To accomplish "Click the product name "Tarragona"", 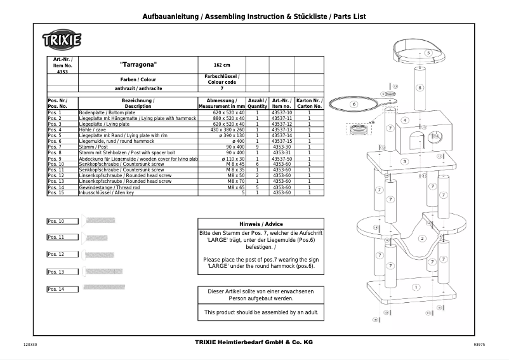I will tap(138, 65).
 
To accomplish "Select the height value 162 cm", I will tap(222, 65).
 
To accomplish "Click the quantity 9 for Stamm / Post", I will tap(257, 147).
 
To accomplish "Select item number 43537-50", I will tap(281, 158).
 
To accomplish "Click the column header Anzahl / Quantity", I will tap(257, 103).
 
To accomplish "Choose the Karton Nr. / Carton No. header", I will tap(309, 103).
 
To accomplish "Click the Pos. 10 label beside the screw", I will tap(56, 221).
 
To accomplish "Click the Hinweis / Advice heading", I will tap(261, 224).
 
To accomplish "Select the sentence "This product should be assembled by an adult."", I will tap(261, 312).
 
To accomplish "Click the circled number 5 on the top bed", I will tap(428, 53).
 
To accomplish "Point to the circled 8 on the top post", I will tap(419, 88).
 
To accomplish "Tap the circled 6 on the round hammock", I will tap(354, 104).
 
